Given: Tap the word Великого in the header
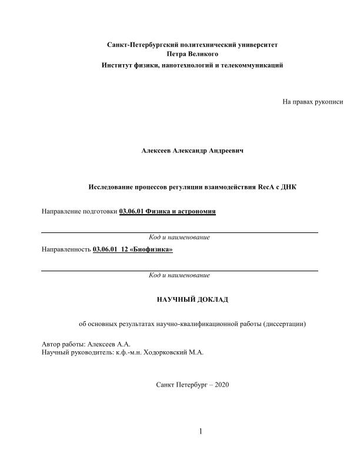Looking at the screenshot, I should pos(203,55).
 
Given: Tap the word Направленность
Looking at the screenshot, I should pos(66,249).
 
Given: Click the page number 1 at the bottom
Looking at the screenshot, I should pos(201,432).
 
